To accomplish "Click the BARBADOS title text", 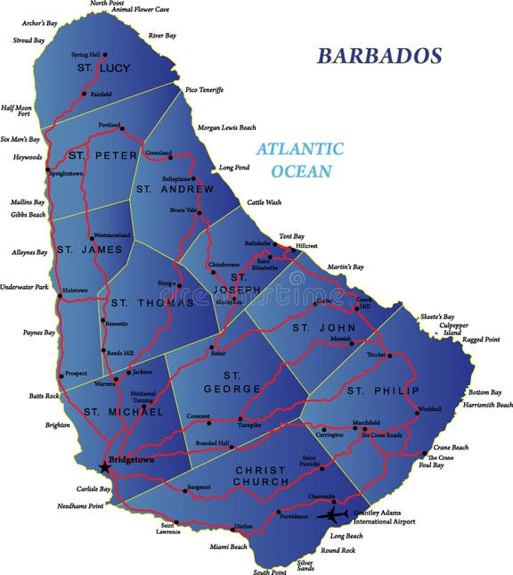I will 379,55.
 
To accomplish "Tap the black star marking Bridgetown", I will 105,466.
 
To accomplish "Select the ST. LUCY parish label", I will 97,68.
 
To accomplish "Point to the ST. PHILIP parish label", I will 369,390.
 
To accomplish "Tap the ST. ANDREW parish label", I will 175,189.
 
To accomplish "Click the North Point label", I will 108,4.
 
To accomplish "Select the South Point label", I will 269,571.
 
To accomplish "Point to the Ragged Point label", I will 481,340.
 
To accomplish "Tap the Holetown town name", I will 75,290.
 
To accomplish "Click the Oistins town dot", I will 233,529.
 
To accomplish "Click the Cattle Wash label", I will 265,202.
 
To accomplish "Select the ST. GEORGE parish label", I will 242,382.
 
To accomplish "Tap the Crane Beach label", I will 451,447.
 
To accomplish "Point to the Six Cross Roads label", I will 381,435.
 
